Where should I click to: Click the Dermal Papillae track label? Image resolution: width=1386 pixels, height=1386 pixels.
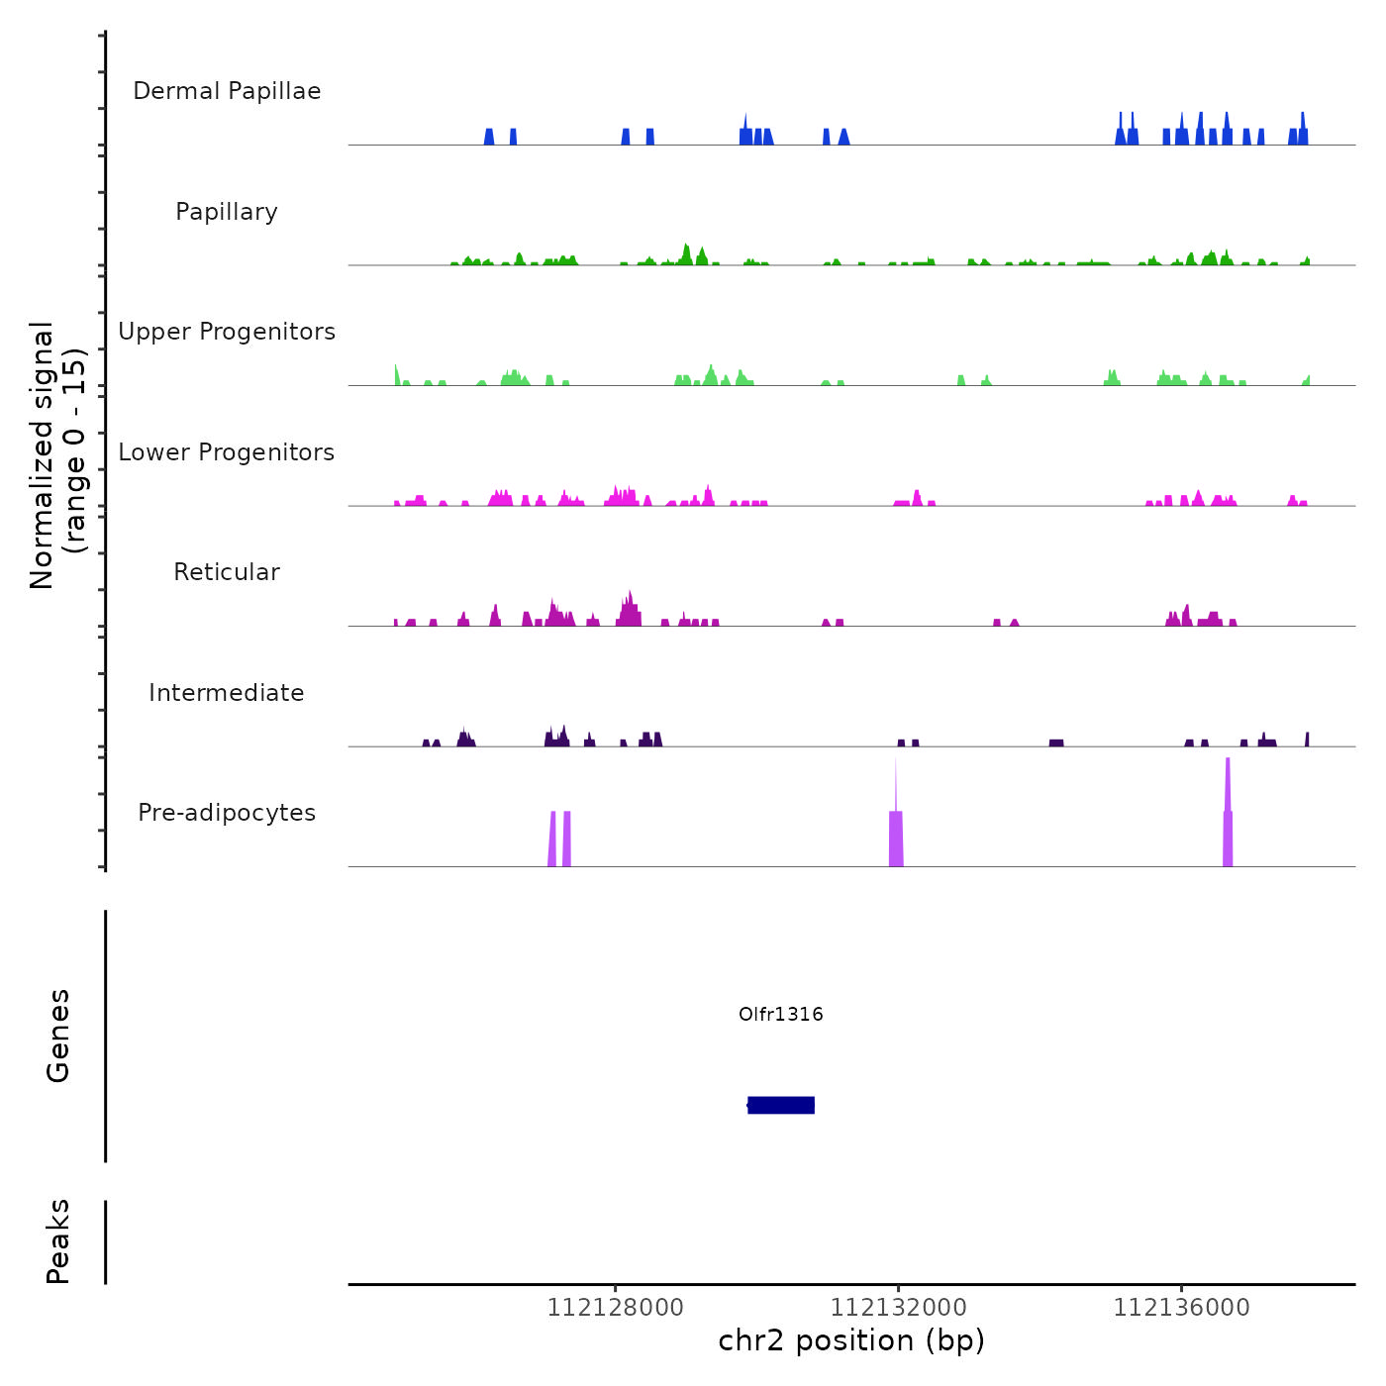[x=227, y=91]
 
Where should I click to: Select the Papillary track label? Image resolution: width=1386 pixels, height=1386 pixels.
[x=227, y=212]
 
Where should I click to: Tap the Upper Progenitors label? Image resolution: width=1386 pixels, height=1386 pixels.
[x=227, y=332]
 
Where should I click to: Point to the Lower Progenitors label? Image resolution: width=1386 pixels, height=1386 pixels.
[x=227, y=452]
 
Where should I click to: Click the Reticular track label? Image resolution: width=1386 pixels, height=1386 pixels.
[x=227, y=572]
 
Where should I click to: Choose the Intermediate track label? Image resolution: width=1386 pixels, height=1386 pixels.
[x=227, y=693]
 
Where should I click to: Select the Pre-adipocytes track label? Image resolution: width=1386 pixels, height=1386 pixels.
[x=227, y=813]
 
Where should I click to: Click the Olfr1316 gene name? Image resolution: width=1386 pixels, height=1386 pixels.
[x=780, y=1014]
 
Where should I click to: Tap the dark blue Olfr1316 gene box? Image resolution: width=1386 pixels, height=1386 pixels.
[x=781, y=1105]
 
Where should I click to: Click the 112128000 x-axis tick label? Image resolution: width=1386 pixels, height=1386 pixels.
[x=615, y=1308]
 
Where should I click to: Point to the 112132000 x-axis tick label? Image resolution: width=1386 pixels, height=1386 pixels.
[x=898, y=1308]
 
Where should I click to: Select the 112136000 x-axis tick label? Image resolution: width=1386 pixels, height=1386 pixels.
[x=1181, y=1308]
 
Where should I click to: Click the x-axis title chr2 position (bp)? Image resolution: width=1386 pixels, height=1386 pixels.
[x=851, y=1340]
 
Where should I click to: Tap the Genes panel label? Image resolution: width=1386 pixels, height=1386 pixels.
[x=58, y=1036]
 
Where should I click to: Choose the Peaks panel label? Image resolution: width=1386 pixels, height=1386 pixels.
[x=58, y=1241]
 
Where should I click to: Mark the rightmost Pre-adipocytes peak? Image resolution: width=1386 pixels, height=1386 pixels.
[x=1228, y=832]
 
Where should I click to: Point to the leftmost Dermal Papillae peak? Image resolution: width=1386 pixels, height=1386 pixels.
[x=489, y=138]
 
